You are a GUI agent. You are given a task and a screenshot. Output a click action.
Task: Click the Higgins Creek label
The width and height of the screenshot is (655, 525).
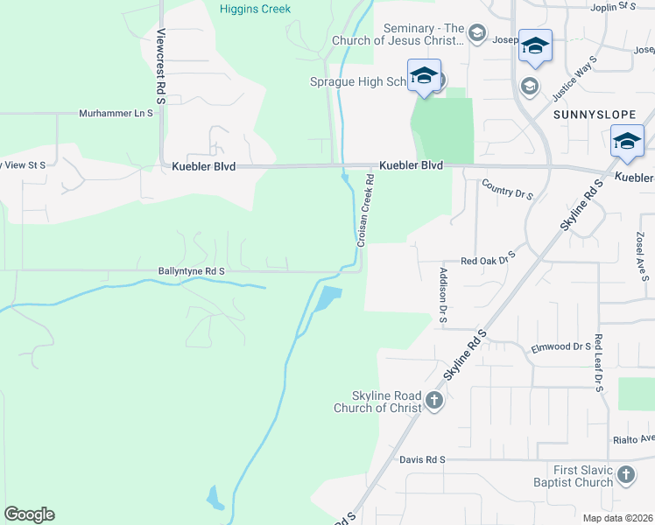click(254, 9)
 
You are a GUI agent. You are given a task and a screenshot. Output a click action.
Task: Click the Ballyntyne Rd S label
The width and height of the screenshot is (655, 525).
click(191, 272)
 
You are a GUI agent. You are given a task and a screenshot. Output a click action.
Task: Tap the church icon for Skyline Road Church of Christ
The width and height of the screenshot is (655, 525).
click(434, 401)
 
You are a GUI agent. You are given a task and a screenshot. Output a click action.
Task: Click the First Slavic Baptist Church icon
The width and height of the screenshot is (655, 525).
click(625, 474)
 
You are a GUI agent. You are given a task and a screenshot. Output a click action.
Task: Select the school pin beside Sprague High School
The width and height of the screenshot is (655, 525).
click(424, 75)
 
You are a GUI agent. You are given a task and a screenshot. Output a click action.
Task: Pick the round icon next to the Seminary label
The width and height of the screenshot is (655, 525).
click(476, 34)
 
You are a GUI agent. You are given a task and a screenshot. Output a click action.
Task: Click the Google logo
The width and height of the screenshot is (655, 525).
click(29, 514)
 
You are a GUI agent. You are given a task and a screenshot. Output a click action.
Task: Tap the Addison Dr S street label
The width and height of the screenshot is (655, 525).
click(443, 296)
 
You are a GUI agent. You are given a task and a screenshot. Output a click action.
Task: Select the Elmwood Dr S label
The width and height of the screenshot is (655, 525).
click(561, 347)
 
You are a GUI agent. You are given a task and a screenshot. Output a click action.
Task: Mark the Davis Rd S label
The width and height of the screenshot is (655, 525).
click(423, 459)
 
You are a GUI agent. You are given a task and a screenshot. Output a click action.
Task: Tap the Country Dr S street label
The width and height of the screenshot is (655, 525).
click(508, 191)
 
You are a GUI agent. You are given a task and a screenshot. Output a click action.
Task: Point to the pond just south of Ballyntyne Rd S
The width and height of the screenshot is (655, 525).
click(326, 298)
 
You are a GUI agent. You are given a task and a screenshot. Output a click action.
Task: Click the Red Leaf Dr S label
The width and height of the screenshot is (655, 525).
click(599, 362)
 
